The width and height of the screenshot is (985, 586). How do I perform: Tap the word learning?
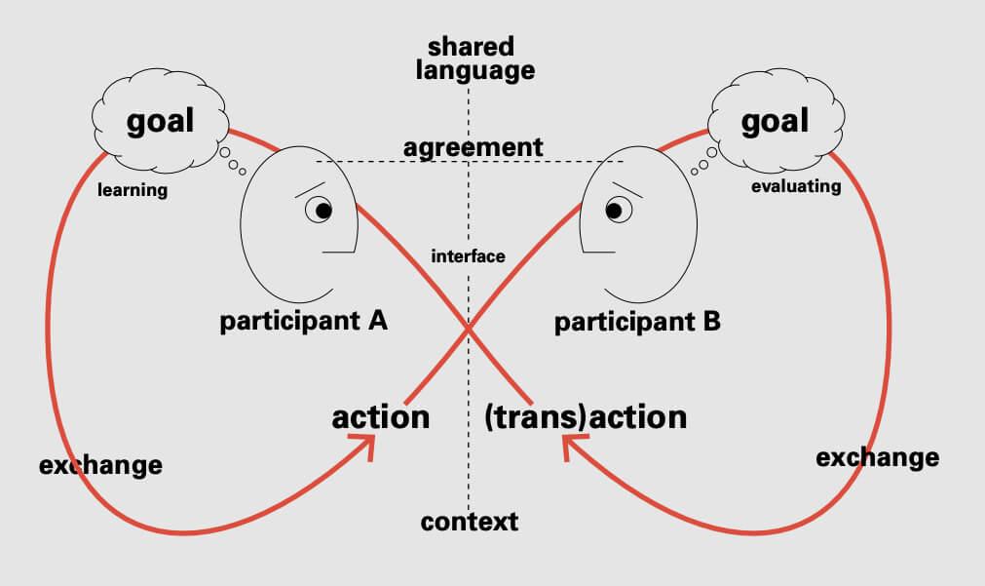133,190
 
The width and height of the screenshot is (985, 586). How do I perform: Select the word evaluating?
796,186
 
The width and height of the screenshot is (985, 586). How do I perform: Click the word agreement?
473,147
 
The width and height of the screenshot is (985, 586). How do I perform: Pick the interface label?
468,256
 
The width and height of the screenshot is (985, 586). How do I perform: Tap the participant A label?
304,321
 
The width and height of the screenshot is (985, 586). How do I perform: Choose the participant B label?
637,321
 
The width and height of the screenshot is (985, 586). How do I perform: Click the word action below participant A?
380,417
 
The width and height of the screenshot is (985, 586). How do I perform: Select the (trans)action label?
586,417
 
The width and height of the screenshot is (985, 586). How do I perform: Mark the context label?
470,522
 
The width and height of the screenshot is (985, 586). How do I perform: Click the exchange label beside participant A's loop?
100,465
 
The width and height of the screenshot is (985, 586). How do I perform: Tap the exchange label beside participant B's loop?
877,457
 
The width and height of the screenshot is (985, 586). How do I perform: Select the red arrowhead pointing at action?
369,447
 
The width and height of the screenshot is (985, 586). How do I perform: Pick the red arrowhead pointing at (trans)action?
571,447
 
